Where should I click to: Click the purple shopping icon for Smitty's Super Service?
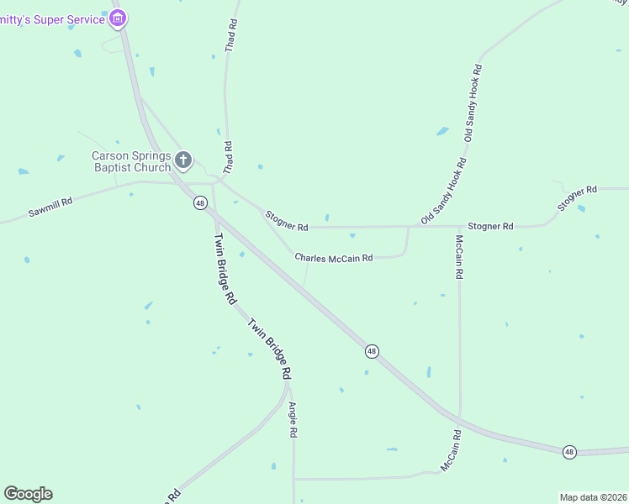(119, 17)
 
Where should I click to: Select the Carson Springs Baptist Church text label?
(130, 161)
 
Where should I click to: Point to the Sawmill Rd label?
(50, 207)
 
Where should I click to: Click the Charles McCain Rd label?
(334, 258)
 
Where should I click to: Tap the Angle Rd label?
(293, 420)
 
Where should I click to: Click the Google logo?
(28, 494)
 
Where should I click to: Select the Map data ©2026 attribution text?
(592, 497)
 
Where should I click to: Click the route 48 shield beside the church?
(199, 202)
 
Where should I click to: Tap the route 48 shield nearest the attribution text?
(569, 452)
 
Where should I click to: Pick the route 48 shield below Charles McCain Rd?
(372, 350)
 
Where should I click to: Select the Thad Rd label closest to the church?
(227, 158)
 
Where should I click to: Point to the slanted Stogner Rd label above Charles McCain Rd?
(287, 221)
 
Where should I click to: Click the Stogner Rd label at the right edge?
(578, 200)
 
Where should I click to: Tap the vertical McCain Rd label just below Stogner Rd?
(459, 256)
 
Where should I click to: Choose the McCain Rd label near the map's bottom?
(452, 451)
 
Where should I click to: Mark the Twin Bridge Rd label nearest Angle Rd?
(269, 347)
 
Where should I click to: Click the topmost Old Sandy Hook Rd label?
(474, 102)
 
